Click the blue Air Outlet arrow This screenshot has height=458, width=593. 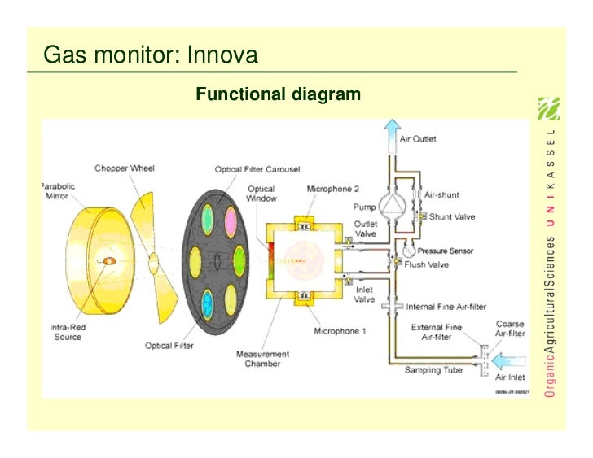tap(392, 133)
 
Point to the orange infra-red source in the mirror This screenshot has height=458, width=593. tap(108, 261)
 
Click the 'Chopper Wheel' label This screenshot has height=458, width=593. tap(125, 168)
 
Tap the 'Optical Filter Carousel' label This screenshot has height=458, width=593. tap(257, 170)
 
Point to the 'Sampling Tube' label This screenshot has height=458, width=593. tap(434, 370)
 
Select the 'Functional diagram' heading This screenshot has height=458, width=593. tap(278, 94)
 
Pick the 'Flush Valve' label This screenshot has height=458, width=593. tap(426, 264)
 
